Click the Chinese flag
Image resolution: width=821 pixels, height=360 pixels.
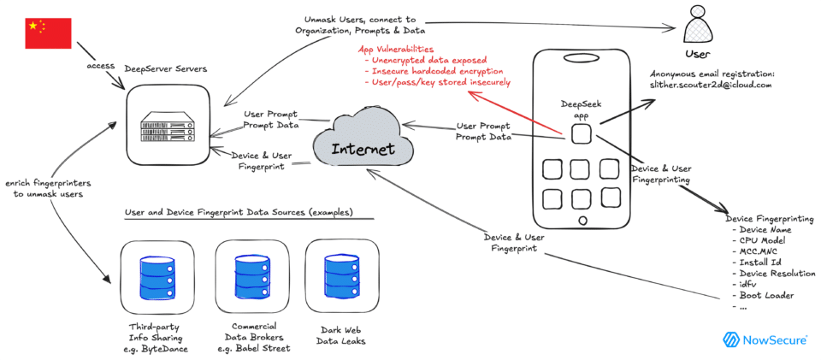pos(46,32)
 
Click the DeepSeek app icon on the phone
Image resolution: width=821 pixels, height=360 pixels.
pos(582,134)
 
